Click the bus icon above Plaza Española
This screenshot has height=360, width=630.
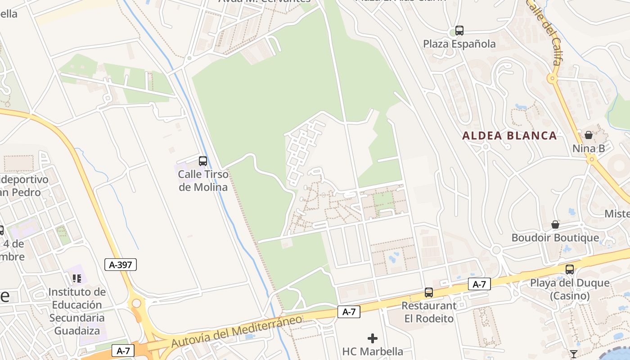pos(459,31)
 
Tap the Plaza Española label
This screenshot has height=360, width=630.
pos(459,44)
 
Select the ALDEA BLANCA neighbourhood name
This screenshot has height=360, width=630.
pos(509,135)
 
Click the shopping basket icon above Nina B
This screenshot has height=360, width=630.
pos(589,135)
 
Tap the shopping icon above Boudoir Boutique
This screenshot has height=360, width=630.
pos(555,224)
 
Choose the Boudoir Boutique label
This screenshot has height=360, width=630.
pos(555,238)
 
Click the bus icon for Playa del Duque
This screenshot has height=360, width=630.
pos(570,270)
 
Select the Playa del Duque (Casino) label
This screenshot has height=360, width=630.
pos(570,289)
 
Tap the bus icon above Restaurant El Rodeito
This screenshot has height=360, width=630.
pos(429,292)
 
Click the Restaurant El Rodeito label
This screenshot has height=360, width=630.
pos(428,312)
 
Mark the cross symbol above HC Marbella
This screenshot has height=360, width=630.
pos(373,338)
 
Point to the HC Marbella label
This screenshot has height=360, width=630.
pos(373,351)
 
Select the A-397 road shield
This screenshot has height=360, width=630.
pos(121,265)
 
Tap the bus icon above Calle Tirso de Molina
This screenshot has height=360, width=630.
pos(203,161)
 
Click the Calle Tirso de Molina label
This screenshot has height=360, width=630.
pos(203,180)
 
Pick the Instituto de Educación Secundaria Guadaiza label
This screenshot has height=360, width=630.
pos(77,311)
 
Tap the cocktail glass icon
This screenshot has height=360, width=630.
pos(573,354)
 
